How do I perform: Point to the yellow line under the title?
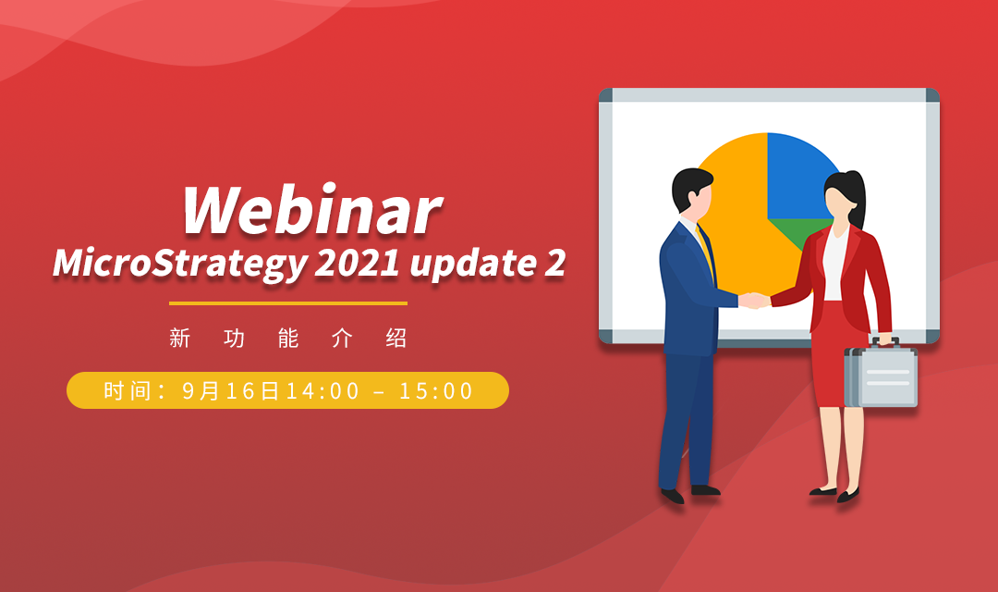(x=288, y=302)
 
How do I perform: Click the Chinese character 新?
(x=179, y=339)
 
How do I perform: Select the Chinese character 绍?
(x=396, y=339)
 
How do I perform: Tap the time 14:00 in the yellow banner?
(x=322, y=391)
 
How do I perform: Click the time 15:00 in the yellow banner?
(x=436, y=391)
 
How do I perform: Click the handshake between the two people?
(x=755, y=301)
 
